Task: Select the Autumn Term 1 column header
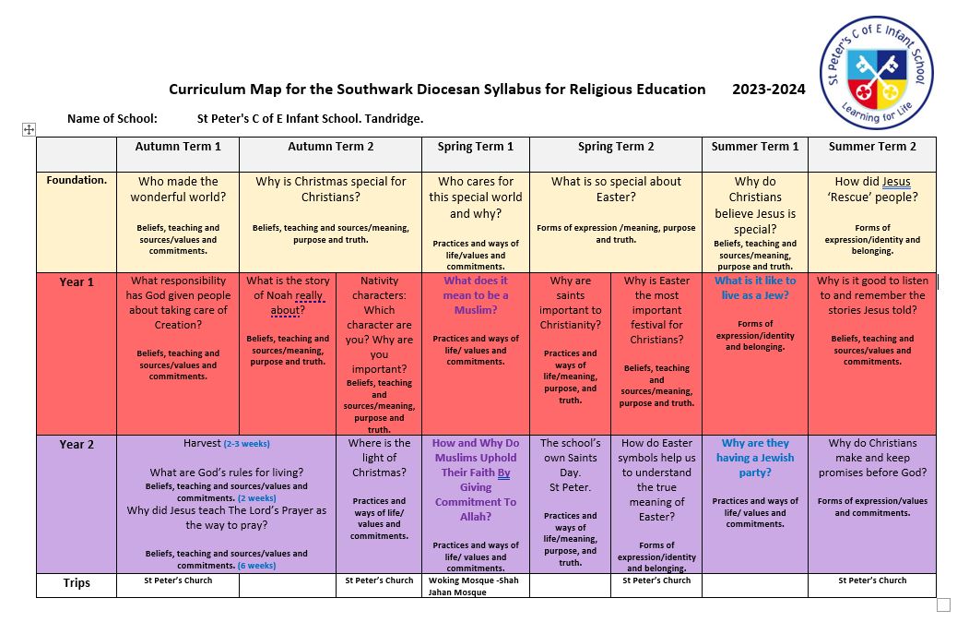178,147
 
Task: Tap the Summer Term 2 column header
872,147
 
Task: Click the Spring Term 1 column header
476,147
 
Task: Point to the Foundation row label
77,180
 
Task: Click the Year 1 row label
77,281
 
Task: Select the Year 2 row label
77,444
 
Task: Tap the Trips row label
77,583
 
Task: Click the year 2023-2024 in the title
769,90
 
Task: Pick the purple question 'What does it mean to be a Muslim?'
476,295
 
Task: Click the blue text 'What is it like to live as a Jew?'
755,287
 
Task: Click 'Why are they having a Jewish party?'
755,458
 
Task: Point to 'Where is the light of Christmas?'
379,458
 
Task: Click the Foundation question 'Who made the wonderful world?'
178,189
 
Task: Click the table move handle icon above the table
29,130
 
